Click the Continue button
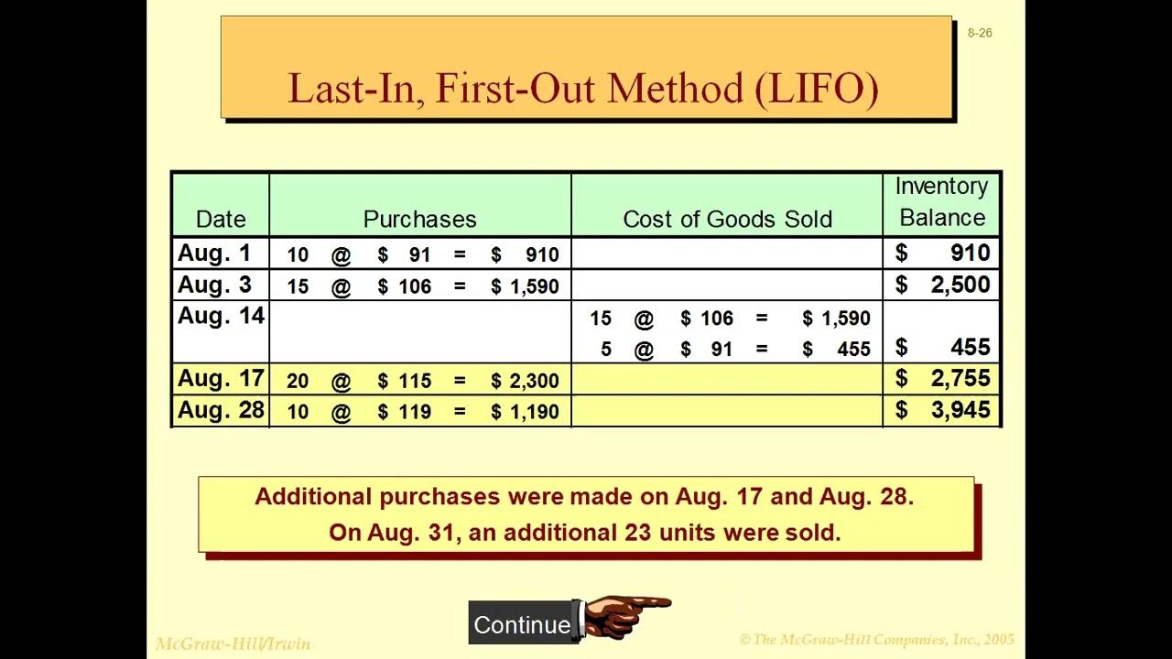pos(521,624)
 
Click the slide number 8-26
pos(979,33)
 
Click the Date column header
pos(221,219)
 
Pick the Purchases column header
pos(419,219)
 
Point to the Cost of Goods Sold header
pos(727,219)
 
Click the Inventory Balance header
pos(941,202)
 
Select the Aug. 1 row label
pos(214,254)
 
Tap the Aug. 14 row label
pos(221,317)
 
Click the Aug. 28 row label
pos(221,411)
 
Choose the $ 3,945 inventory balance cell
pos(943,411)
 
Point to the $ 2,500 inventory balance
pos(943,286)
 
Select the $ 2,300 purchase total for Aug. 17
pos(525,381)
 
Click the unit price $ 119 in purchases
pos(405,412)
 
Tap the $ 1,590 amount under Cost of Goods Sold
pos(836,319)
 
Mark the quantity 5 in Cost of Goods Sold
pos(605,350)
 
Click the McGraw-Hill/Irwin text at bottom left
pos(233,643)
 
